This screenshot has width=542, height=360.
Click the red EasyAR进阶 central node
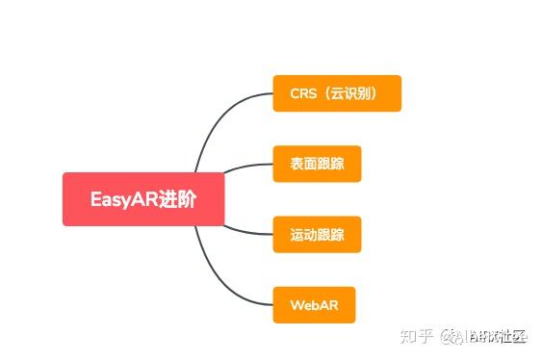(x=143, y=199)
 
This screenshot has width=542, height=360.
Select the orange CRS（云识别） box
(x=337, y=93)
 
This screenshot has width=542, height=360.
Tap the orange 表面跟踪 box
(x=317, y=164)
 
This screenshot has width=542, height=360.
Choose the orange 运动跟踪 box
(x=317, y=234)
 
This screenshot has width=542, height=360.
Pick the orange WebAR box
(x=314, y=304)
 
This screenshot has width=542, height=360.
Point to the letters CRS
(x=303, y=94)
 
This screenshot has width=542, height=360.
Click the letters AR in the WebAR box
(x=327, y=305)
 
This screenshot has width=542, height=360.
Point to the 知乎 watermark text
(x=414, y=336)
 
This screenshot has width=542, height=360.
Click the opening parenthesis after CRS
(x=324, y=94)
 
